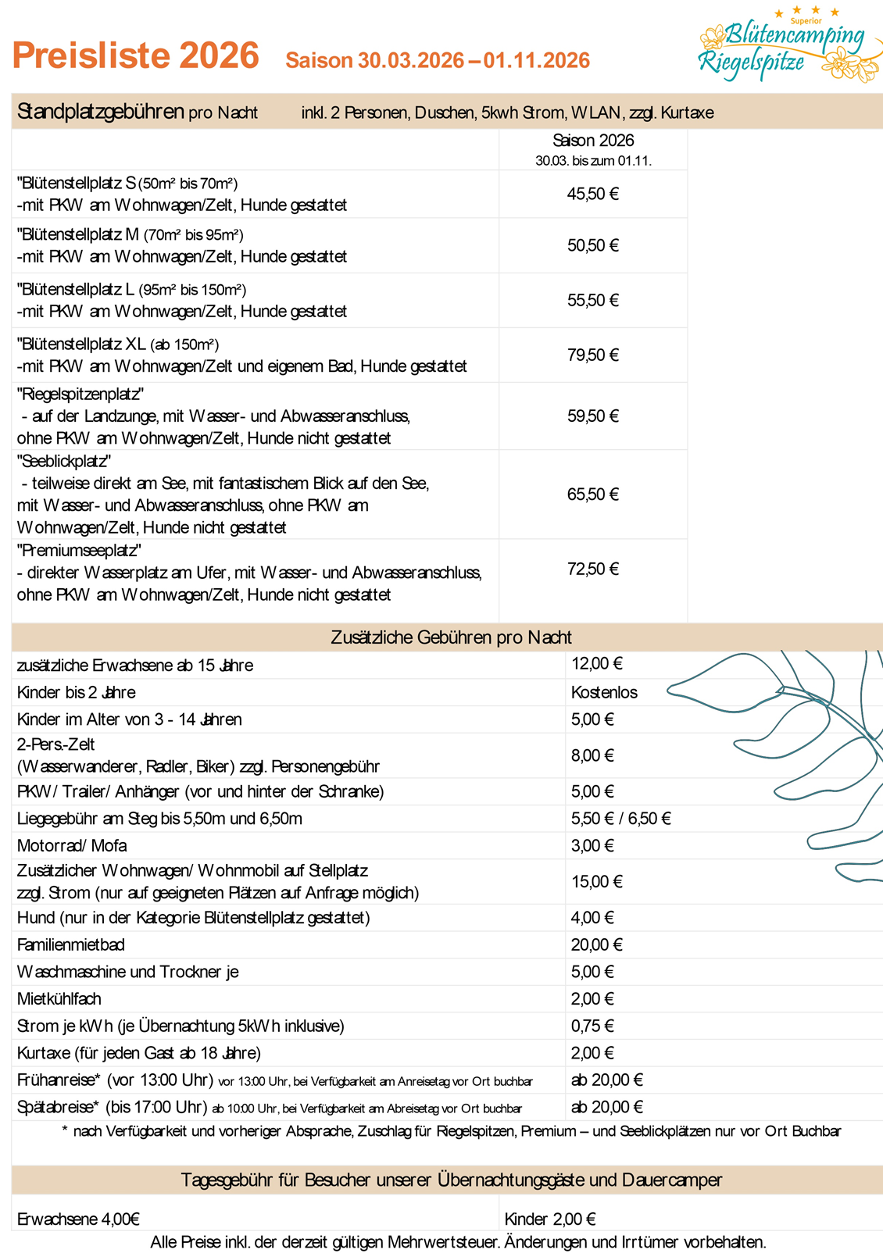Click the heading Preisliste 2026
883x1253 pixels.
(x=136, y=56)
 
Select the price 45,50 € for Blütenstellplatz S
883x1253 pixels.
(x=592, y=195)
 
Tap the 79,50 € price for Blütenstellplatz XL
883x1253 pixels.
(x=592, y=355)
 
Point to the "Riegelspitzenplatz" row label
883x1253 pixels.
(x=80, y=394)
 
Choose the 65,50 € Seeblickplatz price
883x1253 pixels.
(x=592, y=494)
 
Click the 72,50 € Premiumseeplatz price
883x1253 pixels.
(x=592, y=569)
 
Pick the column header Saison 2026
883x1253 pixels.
(x=593, y=141)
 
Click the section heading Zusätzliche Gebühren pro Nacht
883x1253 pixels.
(x=451, y=637)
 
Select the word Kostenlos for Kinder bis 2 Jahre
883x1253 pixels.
(x=604, y=693)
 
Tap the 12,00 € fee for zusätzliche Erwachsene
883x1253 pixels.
(x=596, y=664)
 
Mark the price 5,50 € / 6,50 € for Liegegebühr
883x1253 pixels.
(x=620, y=819)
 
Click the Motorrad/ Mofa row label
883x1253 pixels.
(x=72, y=846)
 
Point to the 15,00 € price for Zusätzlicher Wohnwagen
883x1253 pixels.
(x=596, y=882)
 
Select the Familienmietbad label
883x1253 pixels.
(x=71, y=945)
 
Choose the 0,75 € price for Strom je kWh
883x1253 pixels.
(x=592, y=1026)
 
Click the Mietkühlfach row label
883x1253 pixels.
(x=59, y=999)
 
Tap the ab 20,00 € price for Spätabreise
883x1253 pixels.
(x=606, y=1107)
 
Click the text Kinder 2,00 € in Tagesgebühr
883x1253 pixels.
(x=550, y=1219)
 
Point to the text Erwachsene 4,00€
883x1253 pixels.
(x=78, y=1219)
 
